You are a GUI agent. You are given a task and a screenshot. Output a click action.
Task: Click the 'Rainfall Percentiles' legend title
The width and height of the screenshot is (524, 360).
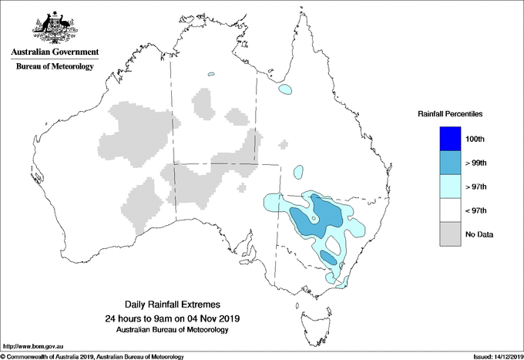tap(450, 114)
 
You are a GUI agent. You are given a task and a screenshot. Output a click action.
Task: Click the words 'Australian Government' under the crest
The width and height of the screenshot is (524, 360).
tap(55, 52)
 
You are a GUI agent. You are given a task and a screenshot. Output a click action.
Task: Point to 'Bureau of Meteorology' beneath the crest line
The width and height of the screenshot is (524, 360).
tap(55, 66)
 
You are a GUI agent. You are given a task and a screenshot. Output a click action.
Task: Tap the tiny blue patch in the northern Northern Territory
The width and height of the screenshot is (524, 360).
tap(210, 75)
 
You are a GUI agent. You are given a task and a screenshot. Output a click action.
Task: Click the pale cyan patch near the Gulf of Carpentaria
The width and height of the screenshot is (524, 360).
tap(286, 89)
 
